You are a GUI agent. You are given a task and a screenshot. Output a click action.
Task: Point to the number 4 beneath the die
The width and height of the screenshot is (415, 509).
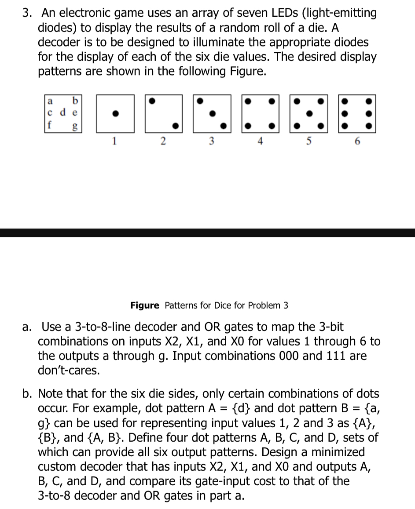tap(260, 141)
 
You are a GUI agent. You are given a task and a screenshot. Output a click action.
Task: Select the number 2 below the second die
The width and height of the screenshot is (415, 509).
tap(162, 141)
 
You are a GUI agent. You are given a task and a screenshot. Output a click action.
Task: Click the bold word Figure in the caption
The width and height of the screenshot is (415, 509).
tap(145, 305)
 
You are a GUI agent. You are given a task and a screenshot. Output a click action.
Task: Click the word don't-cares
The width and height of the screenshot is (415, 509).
tap(69, 370)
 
